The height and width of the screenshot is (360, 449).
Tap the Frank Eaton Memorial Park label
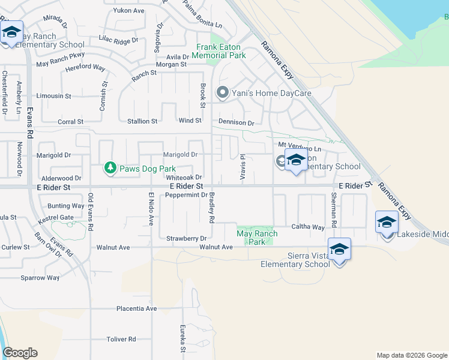(221, 51)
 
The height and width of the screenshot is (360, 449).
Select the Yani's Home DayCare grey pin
(223, 92)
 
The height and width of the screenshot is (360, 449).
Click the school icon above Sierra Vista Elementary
(339, 249)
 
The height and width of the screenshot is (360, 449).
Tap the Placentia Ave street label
(136, 309)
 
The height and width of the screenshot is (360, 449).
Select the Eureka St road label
(183, 339)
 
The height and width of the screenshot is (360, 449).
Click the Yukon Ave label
(128, 11)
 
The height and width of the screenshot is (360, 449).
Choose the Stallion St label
(142, 121)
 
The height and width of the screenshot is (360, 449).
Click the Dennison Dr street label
(236, 123)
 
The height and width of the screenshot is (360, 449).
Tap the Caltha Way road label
(307, 227)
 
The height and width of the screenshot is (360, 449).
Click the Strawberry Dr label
(187, 238)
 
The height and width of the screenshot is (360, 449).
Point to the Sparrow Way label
(40, 278)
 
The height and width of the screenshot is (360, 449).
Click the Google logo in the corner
(20, 353)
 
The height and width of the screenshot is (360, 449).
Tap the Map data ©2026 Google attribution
(412, 355)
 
